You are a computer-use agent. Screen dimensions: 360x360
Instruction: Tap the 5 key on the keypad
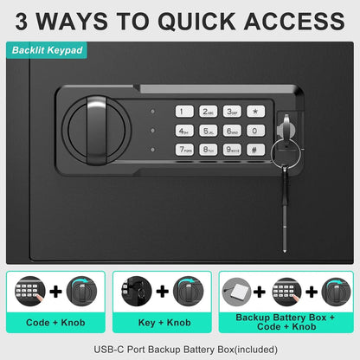209,131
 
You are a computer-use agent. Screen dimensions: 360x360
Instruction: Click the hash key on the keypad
255,150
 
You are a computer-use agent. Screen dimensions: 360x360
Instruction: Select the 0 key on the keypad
255,131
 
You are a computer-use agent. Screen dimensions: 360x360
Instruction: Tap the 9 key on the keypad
232,150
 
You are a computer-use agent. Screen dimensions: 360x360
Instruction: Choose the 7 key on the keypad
184,150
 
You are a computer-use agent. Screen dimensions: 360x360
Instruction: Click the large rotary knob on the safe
97,131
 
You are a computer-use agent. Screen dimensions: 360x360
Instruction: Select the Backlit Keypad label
48,50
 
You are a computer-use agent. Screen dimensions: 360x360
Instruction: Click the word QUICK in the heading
196,21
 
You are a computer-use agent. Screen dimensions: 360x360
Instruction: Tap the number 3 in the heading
22,22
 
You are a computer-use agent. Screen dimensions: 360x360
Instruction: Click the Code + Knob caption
55,322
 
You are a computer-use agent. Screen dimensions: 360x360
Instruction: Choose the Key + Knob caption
164,322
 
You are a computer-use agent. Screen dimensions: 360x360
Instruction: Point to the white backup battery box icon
237,292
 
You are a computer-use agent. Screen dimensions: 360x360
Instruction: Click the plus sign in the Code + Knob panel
55,292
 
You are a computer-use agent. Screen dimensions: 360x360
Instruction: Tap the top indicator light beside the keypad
152,112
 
